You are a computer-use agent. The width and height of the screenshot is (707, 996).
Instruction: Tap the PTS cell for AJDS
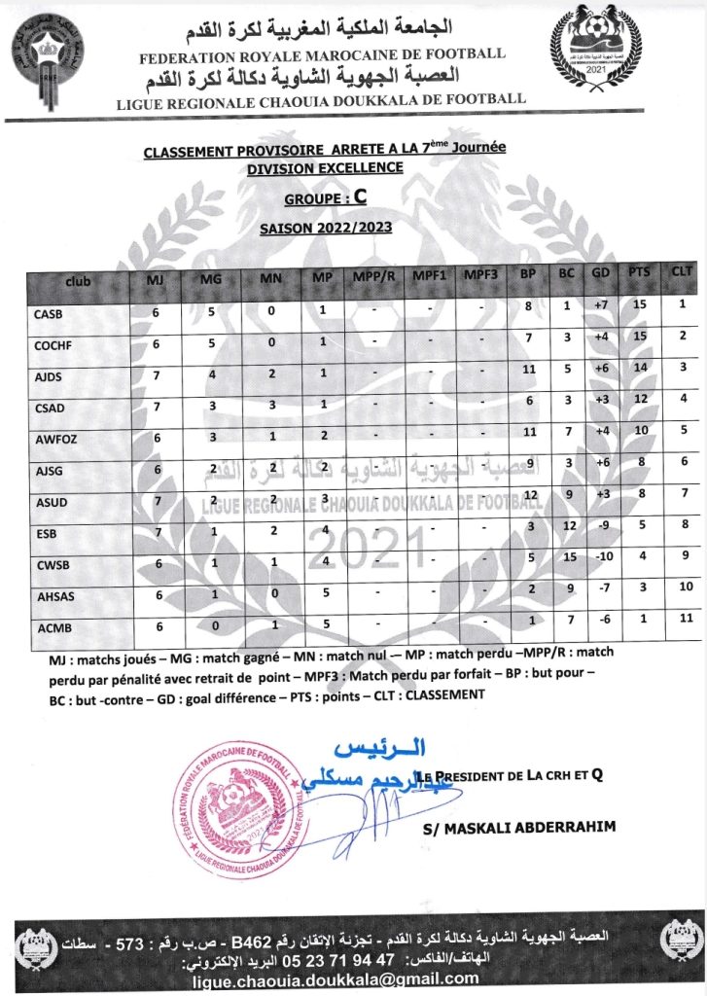click(x=638, y=368)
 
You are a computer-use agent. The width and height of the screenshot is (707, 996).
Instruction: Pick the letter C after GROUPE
click(x=359, y=196)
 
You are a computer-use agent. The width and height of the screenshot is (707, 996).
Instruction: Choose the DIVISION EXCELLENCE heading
click(x=325, y=168)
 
